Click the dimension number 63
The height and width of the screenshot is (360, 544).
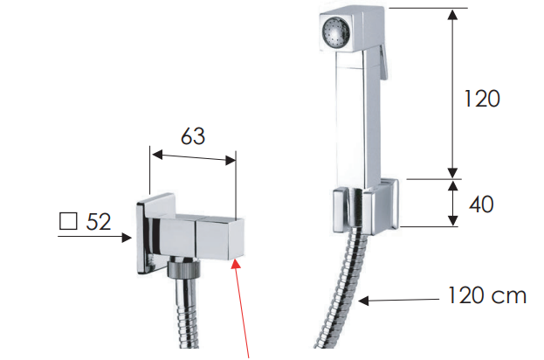click(193, 136)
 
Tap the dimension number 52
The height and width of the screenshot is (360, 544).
click(99, 221)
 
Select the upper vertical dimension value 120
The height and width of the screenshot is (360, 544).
click(482, 98)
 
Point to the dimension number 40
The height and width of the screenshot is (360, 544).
click(481, 204)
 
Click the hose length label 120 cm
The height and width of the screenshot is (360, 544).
click(487, 295)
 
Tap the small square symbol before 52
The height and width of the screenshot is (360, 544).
click(68, 221)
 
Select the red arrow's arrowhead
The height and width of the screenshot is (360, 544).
click(237, 264)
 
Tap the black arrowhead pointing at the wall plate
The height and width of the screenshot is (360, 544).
click(127, 238)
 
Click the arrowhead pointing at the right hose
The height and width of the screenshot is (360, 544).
click(363, 301)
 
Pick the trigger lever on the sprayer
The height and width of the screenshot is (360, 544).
click(382, 63)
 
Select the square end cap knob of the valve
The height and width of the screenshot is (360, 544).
click(219, 238)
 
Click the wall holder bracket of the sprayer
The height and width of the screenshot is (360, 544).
click(366, 207)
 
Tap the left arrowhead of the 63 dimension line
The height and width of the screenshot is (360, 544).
click(157, 155)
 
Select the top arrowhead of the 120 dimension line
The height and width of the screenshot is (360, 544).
click(452, 15)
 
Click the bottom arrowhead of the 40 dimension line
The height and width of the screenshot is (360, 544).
click(452, 220)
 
